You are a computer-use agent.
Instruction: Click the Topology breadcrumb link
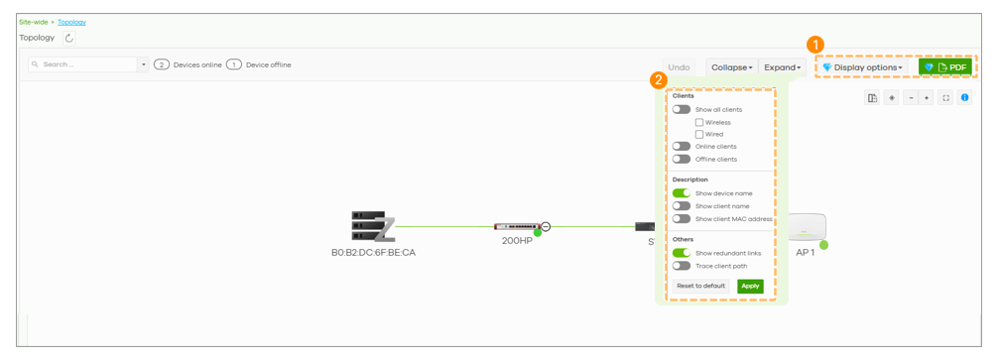tap(71, 22)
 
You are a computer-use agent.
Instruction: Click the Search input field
tap(83, 64)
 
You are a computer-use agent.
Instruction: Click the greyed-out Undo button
tap(679, 67)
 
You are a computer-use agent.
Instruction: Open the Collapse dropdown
tap(731, 67)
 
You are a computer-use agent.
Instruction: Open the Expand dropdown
tap(782, 67)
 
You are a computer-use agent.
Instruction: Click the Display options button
tap(862, 67)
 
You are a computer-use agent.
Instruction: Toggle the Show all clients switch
tap(682, 109)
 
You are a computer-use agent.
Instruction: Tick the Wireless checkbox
tap(699, 122)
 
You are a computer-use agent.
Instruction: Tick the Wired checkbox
tap(699, 134)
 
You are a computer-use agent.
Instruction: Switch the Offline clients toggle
tap(682, 159)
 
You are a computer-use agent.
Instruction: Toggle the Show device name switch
tap(682, 192)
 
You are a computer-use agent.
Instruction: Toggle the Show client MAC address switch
tap(682, 218)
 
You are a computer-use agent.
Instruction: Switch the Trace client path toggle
tap(682, 266)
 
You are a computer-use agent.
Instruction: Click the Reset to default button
tap(701, 286)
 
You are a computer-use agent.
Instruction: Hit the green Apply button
tap(750, 286)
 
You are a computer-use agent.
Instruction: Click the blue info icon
tap(964, 97)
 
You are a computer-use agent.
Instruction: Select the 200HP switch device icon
tap(517, 226)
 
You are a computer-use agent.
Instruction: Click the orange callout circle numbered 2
tap(658, 80)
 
